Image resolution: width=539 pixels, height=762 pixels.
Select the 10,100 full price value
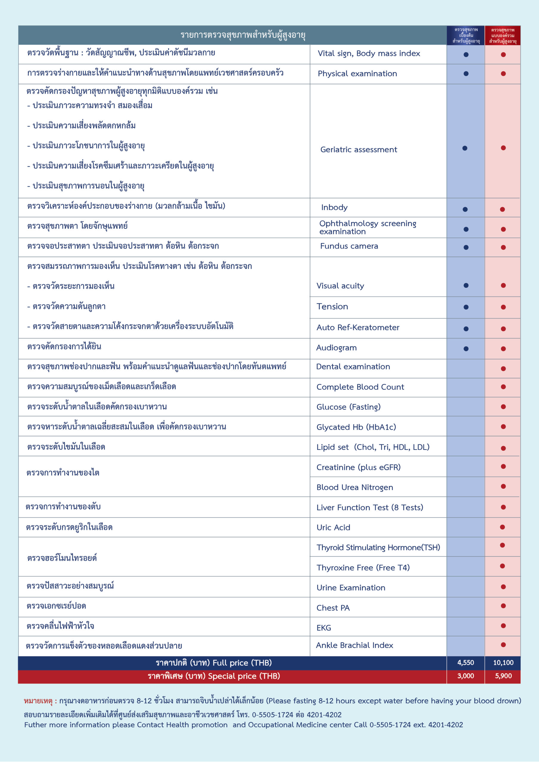pyautogui.click(x=503, y=663)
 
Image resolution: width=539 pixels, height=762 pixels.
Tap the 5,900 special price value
pyautogui.click(x=503, y=676)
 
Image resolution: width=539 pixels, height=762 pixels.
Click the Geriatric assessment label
pyautogui.click(x=358, y=150)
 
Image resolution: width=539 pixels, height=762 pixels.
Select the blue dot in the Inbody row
pyautogui.click(x=465, y=210)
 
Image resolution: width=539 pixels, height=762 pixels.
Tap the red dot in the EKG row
pyautogui.click(x=503, y=626)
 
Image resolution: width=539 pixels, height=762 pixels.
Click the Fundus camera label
pyautogui.click(x=349, y=246)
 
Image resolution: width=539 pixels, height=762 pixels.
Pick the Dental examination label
pyautogui.click(x=353, y=366)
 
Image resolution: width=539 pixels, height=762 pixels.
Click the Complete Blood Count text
pyautogui.click(x=360, y=387)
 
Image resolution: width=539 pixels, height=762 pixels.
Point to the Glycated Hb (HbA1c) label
pyautogui.click(x=356, y=427)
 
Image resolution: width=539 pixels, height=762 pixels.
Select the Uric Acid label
pyautogui.click(x=333, y=527)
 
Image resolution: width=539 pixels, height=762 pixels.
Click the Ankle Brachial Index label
pyautogui.click(x=354, y=645)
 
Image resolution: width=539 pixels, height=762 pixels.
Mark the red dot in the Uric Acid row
pyautogui.click(x=502, y=527)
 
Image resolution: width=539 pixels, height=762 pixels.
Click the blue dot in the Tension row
pyautogui.click(x=466, y=307)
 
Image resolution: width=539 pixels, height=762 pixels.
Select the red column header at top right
pyautogui.click(x=502, y=35)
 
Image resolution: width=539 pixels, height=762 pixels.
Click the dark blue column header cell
pyautogui.click(x=466, y=35)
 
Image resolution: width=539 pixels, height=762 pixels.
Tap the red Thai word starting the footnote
pyautogui.click(x=38, y=701)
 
